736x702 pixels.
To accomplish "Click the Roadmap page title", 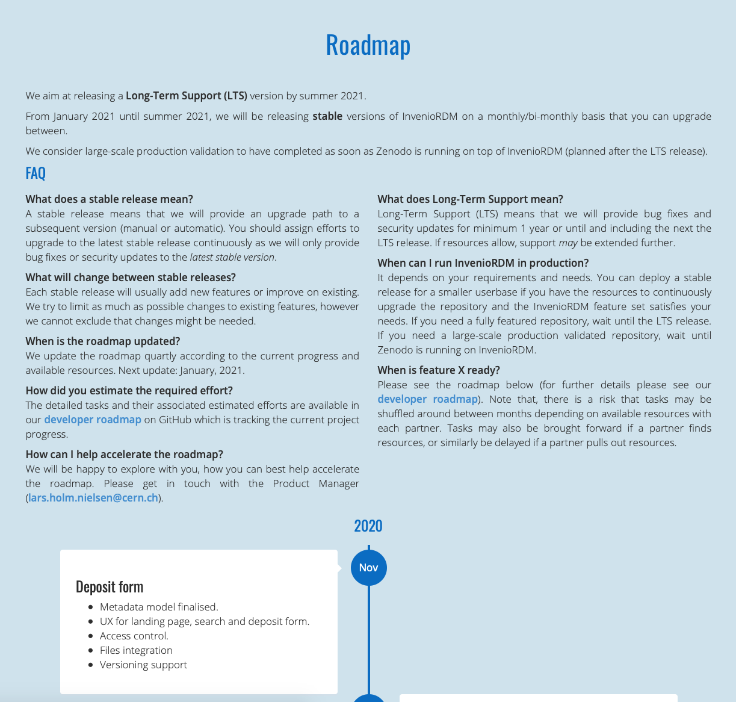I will [x=368, y=45].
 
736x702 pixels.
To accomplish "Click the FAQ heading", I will [x=36, y=173].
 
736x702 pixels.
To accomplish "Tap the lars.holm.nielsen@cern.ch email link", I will [x=93, y=498].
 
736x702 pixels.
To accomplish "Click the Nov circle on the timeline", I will [x=368, y=568].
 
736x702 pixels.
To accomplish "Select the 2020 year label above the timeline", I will [x=368, y=526].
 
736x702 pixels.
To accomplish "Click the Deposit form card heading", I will [x=110, y=587].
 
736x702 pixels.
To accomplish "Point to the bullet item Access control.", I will [x=134, y=636].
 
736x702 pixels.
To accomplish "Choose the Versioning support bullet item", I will [x=143, y=665].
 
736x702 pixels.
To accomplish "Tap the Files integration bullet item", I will [x=136, y=650].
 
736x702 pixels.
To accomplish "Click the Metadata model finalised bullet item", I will [x=159, y=607].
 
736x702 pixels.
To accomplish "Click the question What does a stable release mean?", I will [x=110, y=199].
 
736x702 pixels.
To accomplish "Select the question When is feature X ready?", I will [x=439, y=370].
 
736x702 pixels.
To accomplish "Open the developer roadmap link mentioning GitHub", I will [x=93, y=420].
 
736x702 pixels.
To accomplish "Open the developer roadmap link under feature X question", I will [x=427, y=399].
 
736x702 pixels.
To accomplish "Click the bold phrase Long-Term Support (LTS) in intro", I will [x=187, y=96].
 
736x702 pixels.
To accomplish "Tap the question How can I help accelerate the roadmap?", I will [x=125, y=455].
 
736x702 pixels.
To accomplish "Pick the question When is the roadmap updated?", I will [x=103, y=341].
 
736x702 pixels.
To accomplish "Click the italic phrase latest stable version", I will [x=232, y=257].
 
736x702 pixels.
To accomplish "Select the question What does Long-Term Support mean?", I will [x=470, y=199].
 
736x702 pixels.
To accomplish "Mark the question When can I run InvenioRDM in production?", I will [x=483, y=263].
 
